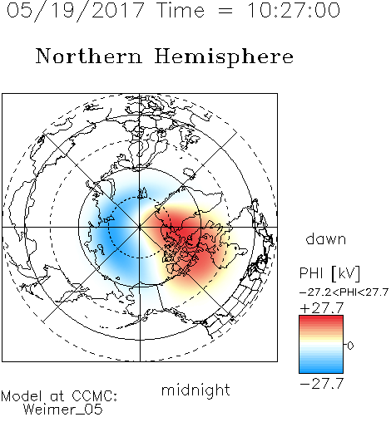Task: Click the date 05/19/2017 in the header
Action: click(75, 11)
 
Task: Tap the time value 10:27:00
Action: click(294, 11)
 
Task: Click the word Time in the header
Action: click(181, 11)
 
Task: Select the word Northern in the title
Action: click(89, 56)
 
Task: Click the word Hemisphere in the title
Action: click(224, 56)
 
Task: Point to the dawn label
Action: click(326, 238)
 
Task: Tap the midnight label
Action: click(195, 390)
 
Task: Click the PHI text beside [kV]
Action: click(311, 273)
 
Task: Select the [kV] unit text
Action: click(346, 273)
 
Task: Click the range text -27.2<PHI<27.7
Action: click(344, 292)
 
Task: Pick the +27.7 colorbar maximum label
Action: click(322, 308)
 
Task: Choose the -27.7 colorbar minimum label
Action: click(322, 384)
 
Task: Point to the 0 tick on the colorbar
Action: click(350, 346)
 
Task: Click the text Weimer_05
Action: click(63, 410)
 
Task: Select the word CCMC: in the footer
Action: click(95, 396)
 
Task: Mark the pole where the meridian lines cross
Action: click(140, 228)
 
